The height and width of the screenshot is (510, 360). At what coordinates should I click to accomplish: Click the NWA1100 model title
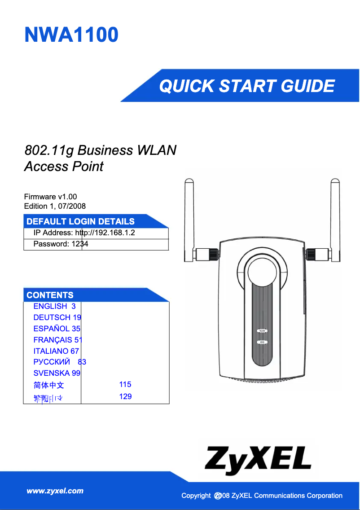point(71,35)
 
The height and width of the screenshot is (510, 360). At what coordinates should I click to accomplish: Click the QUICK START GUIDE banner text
point(247,86)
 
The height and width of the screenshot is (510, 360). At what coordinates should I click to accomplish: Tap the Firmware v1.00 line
point(50,197)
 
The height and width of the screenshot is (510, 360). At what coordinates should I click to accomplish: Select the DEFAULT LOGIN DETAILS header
point(80,221)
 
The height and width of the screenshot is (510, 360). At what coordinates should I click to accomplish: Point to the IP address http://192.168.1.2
point(84,233)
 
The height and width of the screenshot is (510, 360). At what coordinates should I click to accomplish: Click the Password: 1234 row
point(61,244)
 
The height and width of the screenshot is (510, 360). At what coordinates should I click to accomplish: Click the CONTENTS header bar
point(50,295)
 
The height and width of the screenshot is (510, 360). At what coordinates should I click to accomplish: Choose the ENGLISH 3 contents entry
point(54,306)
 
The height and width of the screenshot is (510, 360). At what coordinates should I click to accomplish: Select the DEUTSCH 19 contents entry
point(57,317)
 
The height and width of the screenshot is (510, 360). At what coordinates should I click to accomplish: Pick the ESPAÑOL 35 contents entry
point(57,329)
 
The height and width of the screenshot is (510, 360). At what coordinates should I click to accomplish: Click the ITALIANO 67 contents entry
point(56,351)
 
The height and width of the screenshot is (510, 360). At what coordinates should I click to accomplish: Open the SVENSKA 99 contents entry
point(57,373)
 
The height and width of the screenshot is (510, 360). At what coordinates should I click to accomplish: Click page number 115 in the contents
point(125,384)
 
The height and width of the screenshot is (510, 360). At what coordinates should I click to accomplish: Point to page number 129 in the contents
point(125,396)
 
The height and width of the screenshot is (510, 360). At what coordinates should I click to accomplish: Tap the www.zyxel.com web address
point(55,491)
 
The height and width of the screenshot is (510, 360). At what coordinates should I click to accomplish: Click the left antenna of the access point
point(189,215)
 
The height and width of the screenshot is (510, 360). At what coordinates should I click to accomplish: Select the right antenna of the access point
point(334,215)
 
